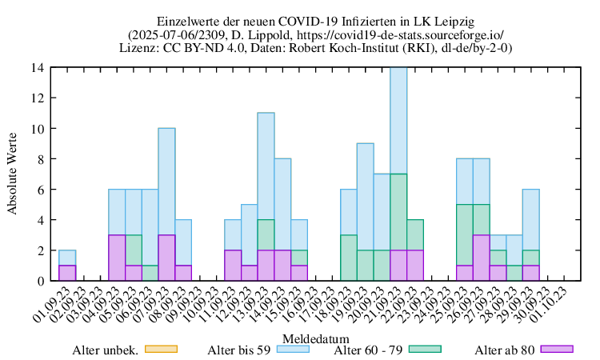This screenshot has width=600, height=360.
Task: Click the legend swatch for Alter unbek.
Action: pyautogui.click(x=160, y=349)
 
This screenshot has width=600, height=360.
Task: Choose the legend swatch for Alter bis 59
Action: pyautogui.click(x=293, y=349)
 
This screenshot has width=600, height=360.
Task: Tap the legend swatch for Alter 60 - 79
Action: pyautogui.click(x=425, y=349)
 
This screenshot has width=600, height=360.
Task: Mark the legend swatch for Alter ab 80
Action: pyautogui.click(x=557, y=349)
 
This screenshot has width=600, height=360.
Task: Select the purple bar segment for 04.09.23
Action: pyautogui.click(x=117, y=258)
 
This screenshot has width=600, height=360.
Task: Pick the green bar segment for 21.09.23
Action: pyautogui.click(x=398, y=212)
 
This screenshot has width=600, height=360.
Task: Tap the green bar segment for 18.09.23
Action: pyautogui.click(x=349, y=258)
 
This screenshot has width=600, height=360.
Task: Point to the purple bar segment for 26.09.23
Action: pyautogui.click(x=481, y=258)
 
